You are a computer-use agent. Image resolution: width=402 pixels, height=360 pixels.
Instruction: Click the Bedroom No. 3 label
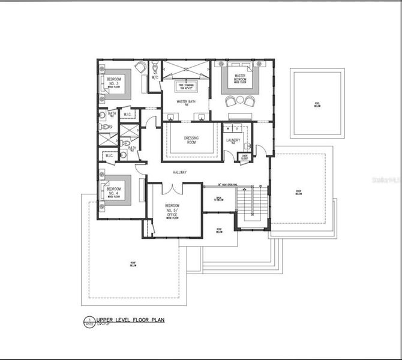tap(114, 81)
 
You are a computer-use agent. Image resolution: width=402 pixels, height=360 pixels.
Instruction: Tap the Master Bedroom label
tap(241, 77)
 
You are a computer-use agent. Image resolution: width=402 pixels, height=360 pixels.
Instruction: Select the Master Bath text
tap(185, 102)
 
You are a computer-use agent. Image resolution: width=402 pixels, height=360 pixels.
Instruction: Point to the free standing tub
tap(185, 86)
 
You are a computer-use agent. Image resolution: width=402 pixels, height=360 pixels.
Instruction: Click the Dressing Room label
tap(191, 140)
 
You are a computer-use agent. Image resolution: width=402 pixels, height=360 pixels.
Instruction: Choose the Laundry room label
tap(233, 141)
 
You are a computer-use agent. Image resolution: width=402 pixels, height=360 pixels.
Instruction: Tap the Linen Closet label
tap(244, 157)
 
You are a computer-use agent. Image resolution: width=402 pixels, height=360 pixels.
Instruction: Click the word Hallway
tap(180, 172)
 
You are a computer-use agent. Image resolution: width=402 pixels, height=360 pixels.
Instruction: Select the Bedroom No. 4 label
tap(113, 191)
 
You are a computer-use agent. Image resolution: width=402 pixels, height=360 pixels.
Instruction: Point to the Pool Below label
tap(317, 104)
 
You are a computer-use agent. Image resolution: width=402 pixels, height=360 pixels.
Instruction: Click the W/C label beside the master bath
tap(154, 77)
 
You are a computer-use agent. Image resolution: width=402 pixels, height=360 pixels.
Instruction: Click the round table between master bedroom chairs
tap(241, 100)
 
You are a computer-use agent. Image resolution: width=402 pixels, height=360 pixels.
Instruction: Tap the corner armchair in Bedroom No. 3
tap(140, 68)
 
